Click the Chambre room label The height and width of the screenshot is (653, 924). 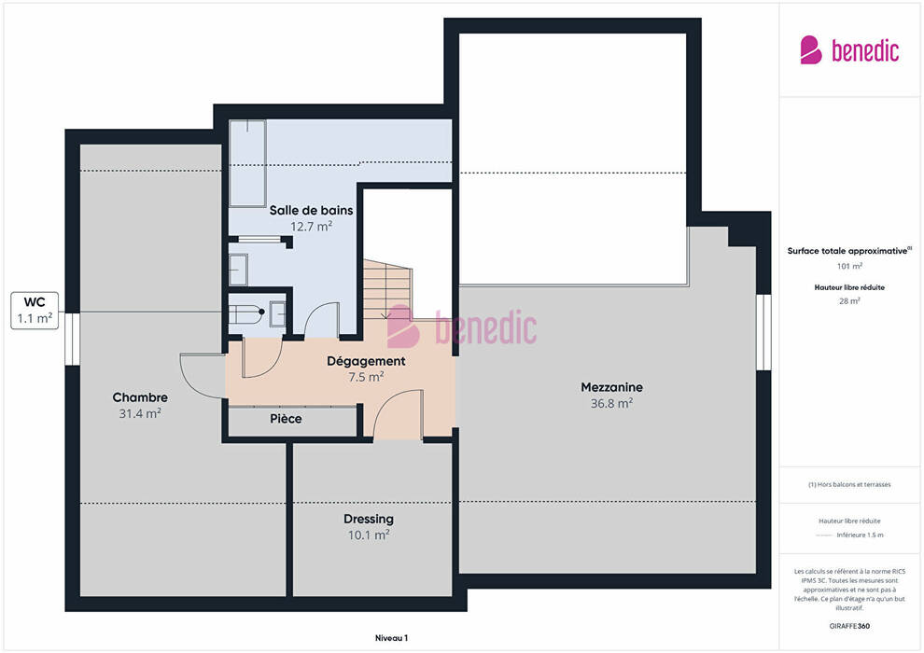pos(140,397)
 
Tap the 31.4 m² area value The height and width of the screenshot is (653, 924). pos(140,413)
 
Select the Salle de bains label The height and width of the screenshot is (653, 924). pos(311,210)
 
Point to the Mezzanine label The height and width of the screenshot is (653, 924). pos(611,387)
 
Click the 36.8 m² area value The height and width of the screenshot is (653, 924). pos(611,403)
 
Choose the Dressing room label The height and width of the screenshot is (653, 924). pos(369,520)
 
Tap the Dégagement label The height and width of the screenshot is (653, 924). pos(366,362)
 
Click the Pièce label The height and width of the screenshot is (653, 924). pos(286,419)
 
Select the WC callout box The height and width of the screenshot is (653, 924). pos(35,311)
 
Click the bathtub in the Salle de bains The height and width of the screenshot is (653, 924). pos(247,163)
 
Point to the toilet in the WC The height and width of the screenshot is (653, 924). pos(245,313)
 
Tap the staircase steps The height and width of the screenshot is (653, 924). pos(386,289)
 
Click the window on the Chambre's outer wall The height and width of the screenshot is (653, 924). pos(73,339)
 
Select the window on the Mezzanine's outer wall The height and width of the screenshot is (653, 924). pos(763,332)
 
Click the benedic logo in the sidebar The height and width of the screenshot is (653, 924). pos(849,50)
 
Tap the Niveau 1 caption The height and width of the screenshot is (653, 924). pos(391,638)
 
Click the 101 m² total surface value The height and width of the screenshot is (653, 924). pos(849,266)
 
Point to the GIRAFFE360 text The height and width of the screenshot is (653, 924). pos(849,626)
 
